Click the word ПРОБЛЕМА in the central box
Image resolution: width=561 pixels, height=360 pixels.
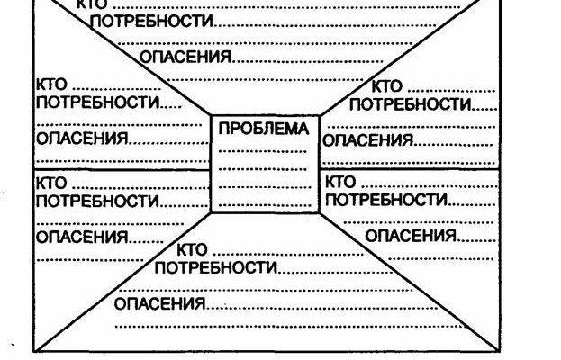click(x=263, y=130)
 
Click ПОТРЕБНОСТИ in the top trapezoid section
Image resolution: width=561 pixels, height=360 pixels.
click(x=150, y=22)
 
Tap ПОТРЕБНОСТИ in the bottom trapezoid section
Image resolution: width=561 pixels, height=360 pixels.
click(x=214, y=267)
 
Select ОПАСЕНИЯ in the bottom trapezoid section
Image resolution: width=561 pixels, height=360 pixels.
click(x=159, y=303)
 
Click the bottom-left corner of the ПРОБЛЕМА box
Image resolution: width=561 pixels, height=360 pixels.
click(x=211, y=213)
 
